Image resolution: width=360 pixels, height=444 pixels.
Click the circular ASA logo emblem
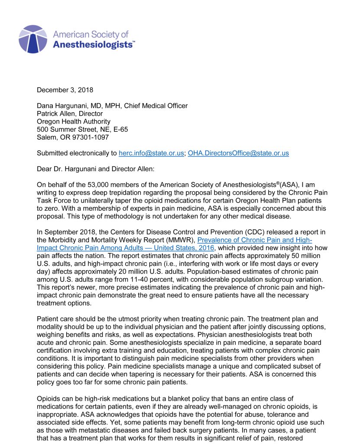pos(33,39)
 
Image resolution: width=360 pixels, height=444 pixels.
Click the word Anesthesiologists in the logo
pos(94,45)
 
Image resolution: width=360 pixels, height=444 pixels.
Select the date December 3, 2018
pos(65,90)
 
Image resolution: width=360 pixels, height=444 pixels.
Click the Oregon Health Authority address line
pos(73,122)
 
